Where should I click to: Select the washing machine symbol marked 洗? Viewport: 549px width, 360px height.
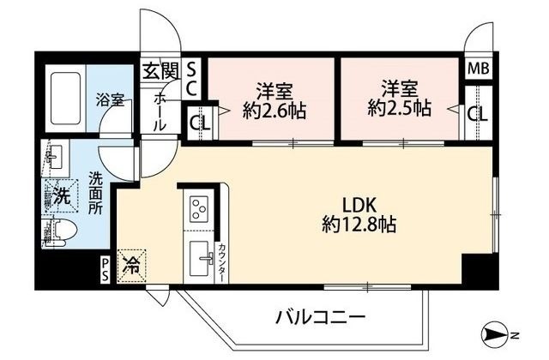pyautogui.click(x=61, y=195)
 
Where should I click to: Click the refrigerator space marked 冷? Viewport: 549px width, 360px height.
pyautogui.click(x=133, y=263)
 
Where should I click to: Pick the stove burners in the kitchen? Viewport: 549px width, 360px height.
pyautogui.click(x=199, y=210)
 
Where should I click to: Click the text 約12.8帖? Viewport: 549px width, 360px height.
pyautogui.click(x=359, y=225)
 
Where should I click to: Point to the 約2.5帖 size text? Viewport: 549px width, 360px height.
pyautogui.click(x=395, y=109)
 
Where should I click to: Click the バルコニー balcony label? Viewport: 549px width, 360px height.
pyautogui.click(x=321, y=317)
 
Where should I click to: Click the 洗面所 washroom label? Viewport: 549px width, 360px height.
pyautogui.click(x=95, y=194)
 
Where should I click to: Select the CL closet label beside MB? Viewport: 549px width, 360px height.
pyautogui.click(x=478, y=111)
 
